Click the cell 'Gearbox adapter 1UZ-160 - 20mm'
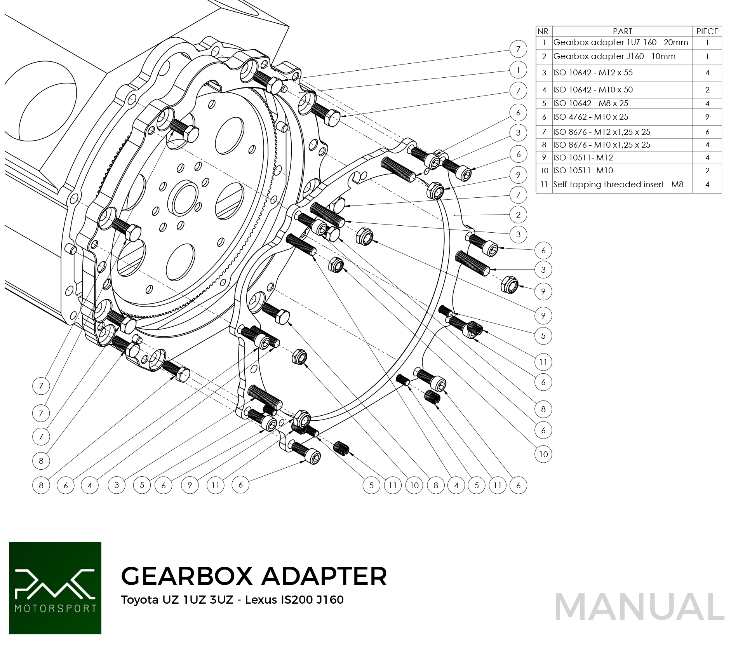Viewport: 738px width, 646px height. pos(620,42)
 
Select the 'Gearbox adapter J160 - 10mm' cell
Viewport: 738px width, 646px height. pos(614,56)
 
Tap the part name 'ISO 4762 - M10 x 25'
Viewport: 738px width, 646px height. pos(590,117)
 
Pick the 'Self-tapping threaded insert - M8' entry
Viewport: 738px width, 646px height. pos(618,185)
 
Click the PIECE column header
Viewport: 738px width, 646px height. pos(707,31)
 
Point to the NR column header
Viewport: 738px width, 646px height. pos(543,31)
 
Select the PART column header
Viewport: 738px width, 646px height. pos(622,31)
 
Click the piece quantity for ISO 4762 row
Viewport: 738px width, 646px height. pos(707,117)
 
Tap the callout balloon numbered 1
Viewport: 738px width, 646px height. pos(518,70)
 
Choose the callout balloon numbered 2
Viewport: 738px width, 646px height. pos(518,215)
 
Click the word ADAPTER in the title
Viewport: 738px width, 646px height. pos(324,576)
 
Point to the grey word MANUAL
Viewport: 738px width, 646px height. pos(639,607)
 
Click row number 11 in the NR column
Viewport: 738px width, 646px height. pos(544,185)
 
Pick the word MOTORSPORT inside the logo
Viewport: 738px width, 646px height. pos(55,608)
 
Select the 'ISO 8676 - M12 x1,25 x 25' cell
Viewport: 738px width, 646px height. pos(602,132)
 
